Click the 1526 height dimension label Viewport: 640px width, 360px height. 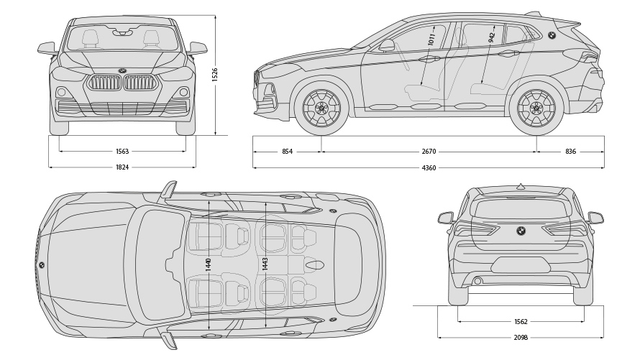[215, 75]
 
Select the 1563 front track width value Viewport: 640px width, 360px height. [122, 152]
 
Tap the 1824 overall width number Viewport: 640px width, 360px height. [122, 167]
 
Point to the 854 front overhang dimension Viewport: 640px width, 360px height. [287, 152]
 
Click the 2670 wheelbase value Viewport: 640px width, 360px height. [429, 152]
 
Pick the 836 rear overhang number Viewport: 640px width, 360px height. [570, 152]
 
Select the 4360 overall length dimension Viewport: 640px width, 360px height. [429, 167]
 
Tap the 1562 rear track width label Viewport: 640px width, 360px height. [521, 322]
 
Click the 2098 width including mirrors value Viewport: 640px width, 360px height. [521, 337]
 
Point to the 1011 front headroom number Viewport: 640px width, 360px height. [431, 40]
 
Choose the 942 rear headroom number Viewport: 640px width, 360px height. [492, 37]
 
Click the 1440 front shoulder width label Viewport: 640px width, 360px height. [209, 264]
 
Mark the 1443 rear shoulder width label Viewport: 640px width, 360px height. [265, 264]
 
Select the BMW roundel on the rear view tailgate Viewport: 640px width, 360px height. [521, 231]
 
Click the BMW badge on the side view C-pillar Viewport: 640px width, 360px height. [552, 35]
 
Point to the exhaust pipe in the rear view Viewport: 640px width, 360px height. [477, 281]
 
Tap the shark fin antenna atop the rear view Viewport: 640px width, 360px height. [521, 186]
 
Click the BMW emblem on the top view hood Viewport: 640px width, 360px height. [42, 265]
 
